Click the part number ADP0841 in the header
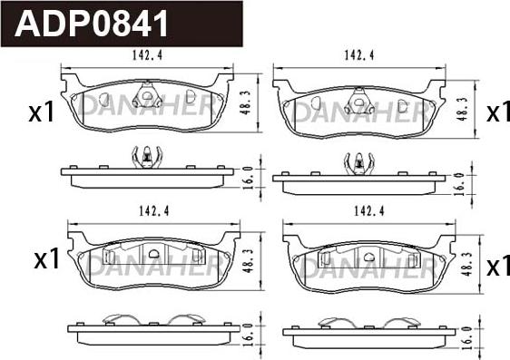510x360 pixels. [x=91, y=24]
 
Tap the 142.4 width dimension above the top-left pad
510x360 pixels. [x=147, y=55]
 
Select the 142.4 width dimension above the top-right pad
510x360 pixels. [x=359, y=55]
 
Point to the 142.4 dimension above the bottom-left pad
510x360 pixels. [x=154, y=211]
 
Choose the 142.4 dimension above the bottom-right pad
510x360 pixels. [x=369, y=211]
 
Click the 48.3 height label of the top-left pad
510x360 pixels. [x=246, y=102]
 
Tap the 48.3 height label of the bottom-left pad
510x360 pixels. [x=249, y=261]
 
